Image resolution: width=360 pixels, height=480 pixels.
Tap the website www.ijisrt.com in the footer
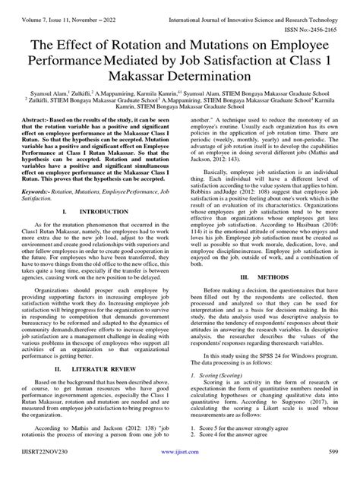[x=179, y=472]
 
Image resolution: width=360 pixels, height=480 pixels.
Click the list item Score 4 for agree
[x=243, y=459]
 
